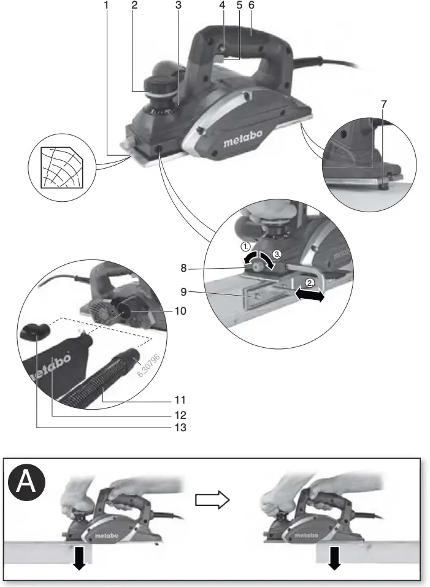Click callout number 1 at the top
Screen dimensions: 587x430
click(x=106, y=5)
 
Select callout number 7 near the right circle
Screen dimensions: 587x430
click(x=384, y=104)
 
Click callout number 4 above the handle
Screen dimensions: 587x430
click(x=221, y=5)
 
